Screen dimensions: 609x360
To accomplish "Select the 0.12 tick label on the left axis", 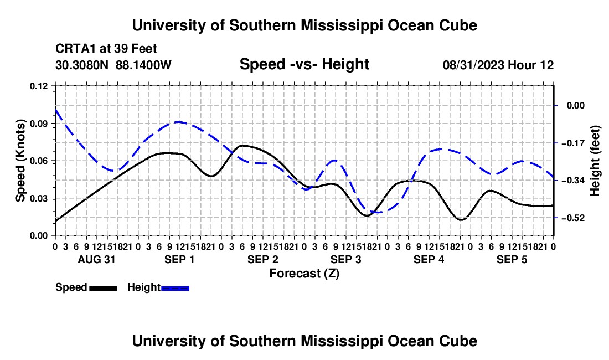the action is click(x=39, y=86).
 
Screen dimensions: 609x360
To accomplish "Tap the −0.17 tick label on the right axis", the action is click(x=573, y=143).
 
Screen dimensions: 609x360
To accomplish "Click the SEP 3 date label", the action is click(x=346, y=259).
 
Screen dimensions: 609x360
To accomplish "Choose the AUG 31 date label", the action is click(x=97, y=259).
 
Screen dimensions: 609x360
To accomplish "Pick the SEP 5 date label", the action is click(x=512, y=259).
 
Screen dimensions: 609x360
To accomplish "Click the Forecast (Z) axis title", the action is click(x=304, y=274).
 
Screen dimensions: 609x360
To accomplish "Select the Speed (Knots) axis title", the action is click(x=20, y=161).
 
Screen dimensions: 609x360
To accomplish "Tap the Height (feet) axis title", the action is click(x=595, y=161).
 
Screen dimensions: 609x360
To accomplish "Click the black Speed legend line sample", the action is click(x=104, y=288).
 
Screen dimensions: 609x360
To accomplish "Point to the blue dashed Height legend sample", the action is click(x=175, y=288).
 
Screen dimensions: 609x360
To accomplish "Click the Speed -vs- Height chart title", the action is click(x=304, y=64).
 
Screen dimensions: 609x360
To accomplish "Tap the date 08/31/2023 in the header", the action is click(x=473, y=65).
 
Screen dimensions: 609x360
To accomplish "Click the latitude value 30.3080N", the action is click(x=82, y=65).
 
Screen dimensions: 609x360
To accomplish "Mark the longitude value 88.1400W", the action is click(x=143, y=65).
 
